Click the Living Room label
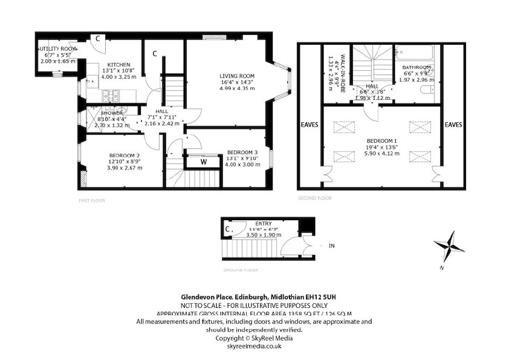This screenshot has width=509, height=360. click(237, 76)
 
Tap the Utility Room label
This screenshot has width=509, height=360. click(57, 49)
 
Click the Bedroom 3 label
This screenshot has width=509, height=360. click(243, 152)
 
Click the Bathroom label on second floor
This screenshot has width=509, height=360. click(417, 68)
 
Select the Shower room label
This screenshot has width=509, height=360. click(97, 113)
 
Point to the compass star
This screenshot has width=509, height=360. click(450, 245)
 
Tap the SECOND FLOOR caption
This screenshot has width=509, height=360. click(314, 198)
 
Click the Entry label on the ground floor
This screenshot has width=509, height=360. click(264, 224)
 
